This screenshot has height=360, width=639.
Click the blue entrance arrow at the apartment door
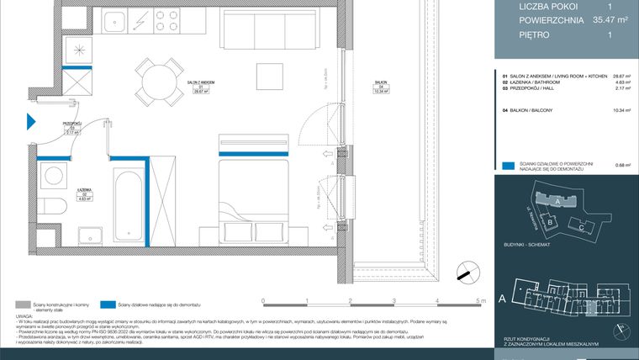[x=31, y=121]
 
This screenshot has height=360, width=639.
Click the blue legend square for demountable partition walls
[x=506, y=166]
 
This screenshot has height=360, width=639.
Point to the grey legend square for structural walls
[x=22, y=305]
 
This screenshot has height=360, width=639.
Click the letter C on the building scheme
[x=582, y=228]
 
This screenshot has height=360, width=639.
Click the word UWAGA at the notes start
[x=25, y=316]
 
